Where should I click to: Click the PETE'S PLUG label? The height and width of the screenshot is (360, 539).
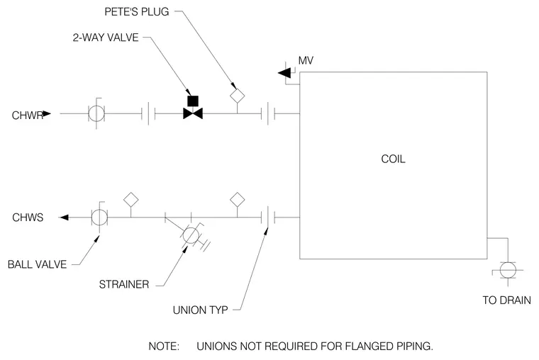click(136, 12)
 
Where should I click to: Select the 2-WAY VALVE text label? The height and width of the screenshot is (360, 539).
click(106, 38)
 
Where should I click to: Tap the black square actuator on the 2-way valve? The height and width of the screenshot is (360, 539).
click(193, 101)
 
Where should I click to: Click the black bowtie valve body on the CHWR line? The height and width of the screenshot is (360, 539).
click(193, 113)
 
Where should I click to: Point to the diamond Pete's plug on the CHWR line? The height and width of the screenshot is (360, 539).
click(237, 96)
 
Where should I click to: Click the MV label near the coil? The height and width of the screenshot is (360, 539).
click(306, 61)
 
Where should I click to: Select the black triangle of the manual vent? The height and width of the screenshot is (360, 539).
click(284, 73)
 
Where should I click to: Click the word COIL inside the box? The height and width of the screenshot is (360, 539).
click(393, 159)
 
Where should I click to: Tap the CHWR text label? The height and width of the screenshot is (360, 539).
click(28, 116)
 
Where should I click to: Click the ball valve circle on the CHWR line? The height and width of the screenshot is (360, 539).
click(96, 113)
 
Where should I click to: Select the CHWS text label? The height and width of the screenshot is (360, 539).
click(28, 218)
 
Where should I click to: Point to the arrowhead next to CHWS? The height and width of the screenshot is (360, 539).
click(64, 218)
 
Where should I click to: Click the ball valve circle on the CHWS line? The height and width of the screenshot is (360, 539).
click(99, 218)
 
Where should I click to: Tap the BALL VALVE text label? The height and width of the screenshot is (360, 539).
click(37, 264)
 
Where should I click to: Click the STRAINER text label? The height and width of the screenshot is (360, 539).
click(124, 284)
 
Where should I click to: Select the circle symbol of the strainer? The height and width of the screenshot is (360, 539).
click(191, 235)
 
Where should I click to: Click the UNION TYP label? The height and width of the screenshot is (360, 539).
click(201, 310)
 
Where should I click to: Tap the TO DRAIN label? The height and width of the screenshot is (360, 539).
click(506, 300)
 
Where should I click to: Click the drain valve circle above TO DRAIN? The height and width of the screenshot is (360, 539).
click(508, 270)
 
